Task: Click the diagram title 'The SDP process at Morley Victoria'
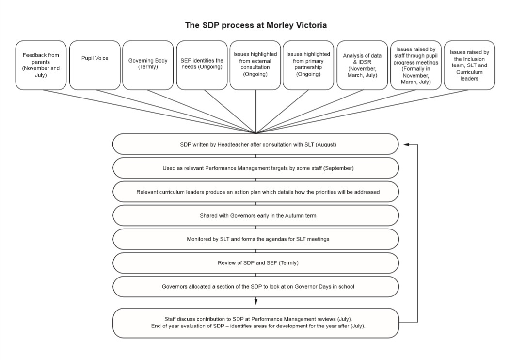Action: (255, 25)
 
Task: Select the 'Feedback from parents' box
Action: (41, 65)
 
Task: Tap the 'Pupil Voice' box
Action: (95, 65)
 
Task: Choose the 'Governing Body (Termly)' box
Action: (148, 65)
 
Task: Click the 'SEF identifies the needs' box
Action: (202, 65)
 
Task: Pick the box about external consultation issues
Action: (255, 65)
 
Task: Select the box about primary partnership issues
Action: (308, 65)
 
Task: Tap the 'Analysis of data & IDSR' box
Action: (362, 65)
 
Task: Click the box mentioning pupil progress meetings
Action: (416, 65)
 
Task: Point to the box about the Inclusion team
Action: (469, 65)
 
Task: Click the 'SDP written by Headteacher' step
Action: (255, 144)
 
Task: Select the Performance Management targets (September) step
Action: (255, 168)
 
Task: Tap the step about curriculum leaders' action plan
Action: (255, 192)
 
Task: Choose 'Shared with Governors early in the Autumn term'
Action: (255, 215)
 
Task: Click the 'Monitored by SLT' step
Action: (255, 239)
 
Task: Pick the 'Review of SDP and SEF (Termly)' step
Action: (255, 262)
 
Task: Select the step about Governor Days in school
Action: (255, 286)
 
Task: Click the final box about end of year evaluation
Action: (255, 323)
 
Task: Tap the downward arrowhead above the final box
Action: (256, 301)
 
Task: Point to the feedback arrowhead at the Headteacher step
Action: (406, 144)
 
